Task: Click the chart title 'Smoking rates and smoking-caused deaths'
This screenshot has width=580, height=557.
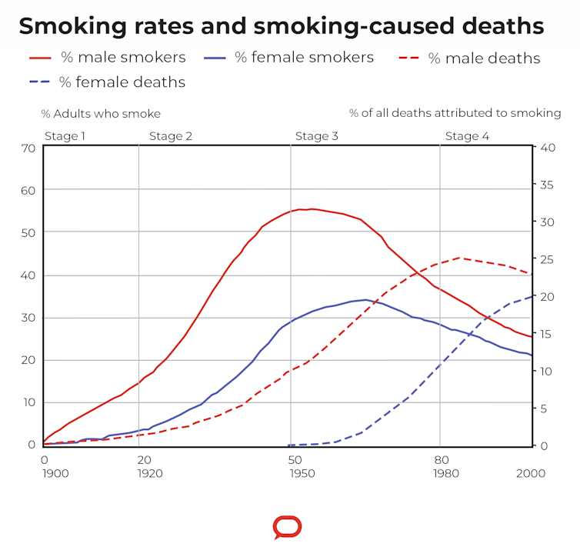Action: click(x=281, y=26)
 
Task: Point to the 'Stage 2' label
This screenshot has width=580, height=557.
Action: click(x=171, y=136)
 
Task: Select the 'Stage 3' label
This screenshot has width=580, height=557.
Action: click(x=317, y=136)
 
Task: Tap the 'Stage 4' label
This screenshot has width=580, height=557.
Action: click(x=467, y=136)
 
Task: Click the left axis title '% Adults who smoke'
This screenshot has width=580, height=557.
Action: click(x=101, y=114)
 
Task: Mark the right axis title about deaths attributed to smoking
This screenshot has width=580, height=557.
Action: click(x=455, y=114)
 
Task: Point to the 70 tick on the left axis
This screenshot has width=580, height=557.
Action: click(x=28, y=148)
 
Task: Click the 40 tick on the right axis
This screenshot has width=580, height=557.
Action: click(x=548, y=148)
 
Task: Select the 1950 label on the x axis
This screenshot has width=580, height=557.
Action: click(x=302, y=473)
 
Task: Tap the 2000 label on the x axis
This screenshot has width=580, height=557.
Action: click(x=531, y=473)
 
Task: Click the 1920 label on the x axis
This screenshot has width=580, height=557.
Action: click(x=150, y=473)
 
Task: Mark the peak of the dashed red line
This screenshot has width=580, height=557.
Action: click(x=461, y=258)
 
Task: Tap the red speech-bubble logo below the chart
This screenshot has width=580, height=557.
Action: click(x=287, y=527)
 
